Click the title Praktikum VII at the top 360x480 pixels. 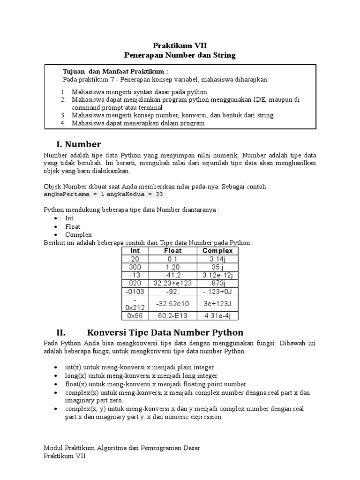click(180, 45)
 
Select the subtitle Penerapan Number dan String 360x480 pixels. click(180, 55)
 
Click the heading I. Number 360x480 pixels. click(78, 143)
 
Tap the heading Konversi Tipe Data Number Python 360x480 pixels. click(165, 332)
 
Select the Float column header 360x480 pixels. click(173, 251)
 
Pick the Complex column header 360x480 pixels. click(217, 251)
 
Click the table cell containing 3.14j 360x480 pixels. click(217, 259)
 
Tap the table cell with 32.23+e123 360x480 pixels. click(173, 283)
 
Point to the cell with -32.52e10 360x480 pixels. click(173, 303)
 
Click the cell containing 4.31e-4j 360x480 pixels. click(217, 315)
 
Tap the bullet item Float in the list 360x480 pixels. click(73, 226)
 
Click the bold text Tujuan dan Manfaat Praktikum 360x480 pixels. click(115, 71)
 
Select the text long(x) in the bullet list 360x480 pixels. click(75, 376)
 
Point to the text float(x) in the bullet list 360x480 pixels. click(76, 384)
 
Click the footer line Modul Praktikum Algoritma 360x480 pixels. click(121, 448)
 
